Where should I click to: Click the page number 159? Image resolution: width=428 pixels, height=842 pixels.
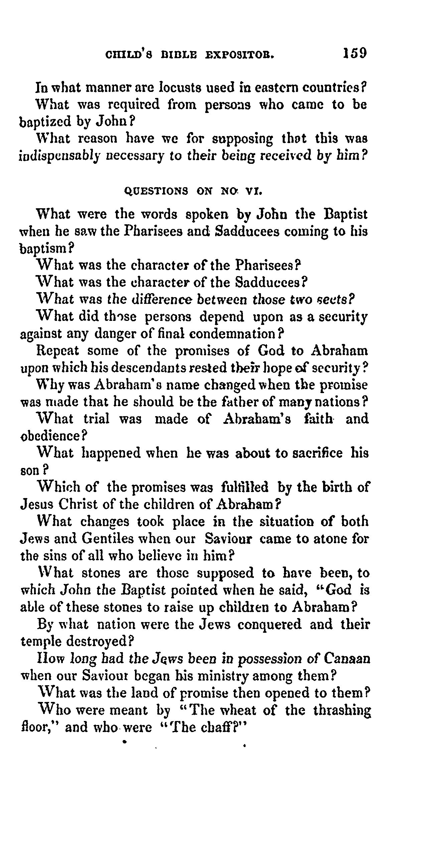354,53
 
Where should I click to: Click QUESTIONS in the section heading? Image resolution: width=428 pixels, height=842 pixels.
156,191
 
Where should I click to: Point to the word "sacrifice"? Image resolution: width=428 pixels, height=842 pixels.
317,453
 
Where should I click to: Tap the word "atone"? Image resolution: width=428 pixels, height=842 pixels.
320,539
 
